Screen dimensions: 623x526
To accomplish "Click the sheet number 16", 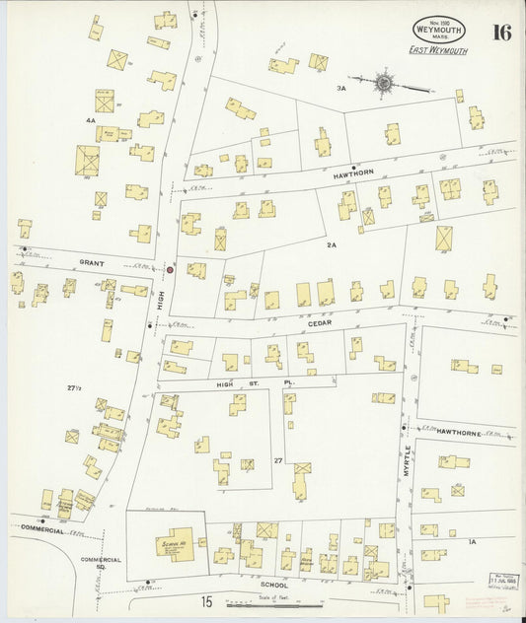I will click(500, 32).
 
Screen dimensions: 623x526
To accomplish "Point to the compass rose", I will click(383, 84).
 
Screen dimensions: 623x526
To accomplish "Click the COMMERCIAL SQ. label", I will click(100, 563).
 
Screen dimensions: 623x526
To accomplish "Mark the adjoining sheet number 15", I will click(206, 600).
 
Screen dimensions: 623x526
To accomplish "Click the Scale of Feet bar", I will click(274, 603).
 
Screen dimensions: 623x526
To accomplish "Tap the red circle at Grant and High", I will click(170, 268).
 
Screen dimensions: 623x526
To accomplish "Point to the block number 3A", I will click(340, 89).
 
